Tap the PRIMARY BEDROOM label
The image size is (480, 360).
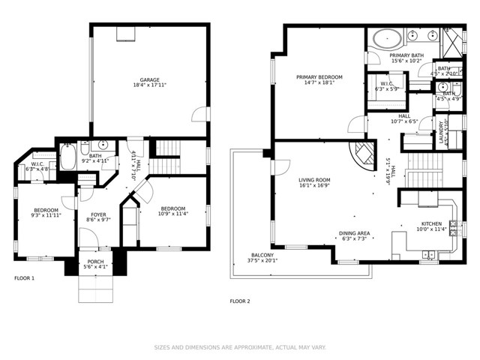[x=319, y=77]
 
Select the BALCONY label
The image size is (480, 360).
[x=262, y=256]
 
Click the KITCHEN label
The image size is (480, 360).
[x=431, y=223]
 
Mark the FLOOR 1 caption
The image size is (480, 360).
[x=25, y=278]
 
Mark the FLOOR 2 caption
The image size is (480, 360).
[x=239, y=301]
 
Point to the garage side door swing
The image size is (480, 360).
[x=199, y=114]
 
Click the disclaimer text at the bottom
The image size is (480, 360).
[x=239, y=347]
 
